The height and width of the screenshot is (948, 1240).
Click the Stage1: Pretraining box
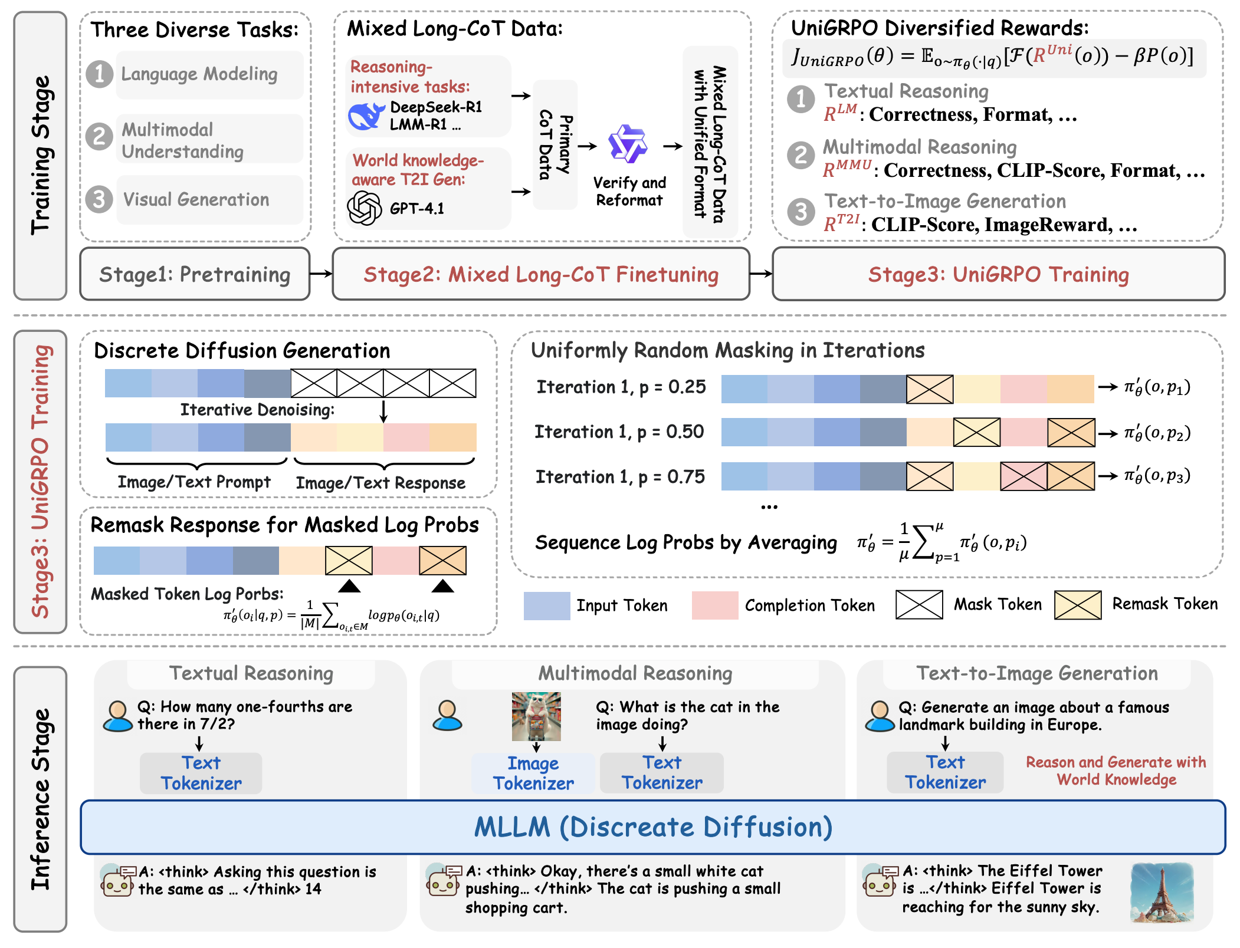coord(195,274)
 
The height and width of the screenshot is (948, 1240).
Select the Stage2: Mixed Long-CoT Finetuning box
coord(541,274)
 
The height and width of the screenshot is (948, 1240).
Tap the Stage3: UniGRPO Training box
coord(998,274)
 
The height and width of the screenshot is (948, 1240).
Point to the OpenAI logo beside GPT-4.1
coord(364,208)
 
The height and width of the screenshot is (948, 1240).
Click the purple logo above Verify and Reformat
coord(628,144)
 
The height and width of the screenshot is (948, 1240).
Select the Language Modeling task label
coord(199,74)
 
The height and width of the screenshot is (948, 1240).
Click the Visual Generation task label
coord(196,200)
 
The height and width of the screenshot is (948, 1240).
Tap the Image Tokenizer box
coord(533,773)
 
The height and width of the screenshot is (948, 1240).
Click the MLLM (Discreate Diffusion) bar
coord(653,827)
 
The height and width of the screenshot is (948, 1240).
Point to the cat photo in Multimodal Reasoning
coord(536,716)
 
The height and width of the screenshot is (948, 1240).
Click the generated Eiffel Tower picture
coord(1162,893)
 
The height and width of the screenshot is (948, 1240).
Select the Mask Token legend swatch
coord(919,605)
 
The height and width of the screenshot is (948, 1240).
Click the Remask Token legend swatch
coord(1078,605)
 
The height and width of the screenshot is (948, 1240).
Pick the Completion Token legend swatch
coord(715,605)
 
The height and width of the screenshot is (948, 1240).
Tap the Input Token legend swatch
coord(547,605)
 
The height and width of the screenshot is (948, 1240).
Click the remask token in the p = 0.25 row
coord(930,389)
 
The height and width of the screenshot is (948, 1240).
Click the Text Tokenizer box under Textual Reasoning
coord(201,773)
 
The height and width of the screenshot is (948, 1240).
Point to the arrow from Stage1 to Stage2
coord(322,274)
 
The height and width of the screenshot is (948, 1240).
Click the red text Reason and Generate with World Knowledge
coord(1116,771)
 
